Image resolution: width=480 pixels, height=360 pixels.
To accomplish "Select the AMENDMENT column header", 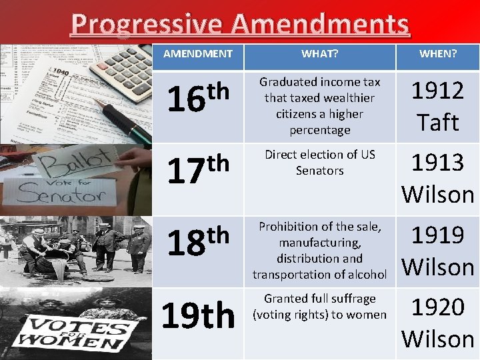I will tap(198, 54).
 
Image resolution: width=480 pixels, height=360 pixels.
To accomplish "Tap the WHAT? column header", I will tap(319, 54).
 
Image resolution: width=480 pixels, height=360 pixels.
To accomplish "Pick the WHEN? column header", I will tap(438, 54).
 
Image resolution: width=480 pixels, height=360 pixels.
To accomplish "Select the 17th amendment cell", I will tap(198, 169).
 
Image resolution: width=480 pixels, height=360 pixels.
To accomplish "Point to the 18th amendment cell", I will tap(198, 241).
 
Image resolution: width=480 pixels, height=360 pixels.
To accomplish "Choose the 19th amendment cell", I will tap(198, 316).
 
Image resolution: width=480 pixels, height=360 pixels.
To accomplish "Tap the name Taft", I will tap(438, 123).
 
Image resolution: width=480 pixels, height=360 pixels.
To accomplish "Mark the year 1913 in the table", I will tap(438, 163).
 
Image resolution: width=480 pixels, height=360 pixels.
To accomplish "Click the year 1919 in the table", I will tap(438, 235).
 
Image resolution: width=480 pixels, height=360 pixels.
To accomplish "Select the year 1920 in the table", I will tap(438, 307).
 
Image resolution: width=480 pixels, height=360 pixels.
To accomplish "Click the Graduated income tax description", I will tap(319, 106).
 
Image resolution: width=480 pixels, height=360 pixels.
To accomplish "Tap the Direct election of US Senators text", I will tap(319, 163).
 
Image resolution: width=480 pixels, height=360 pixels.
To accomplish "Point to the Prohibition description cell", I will tap(319, 251).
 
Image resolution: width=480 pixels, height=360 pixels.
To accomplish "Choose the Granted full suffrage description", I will tap(319, 307).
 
